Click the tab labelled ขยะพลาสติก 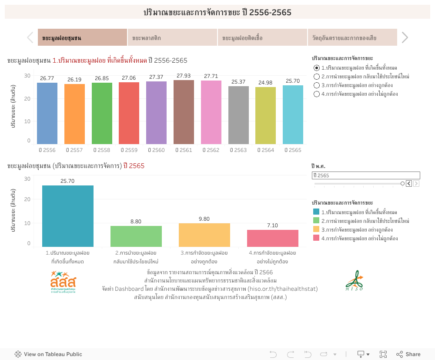pyautogui.click(x=172, y=38)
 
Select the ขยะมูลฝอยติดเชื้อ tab pyautogui.click(x=262, y=38)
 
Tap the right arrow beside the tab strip pyautogui.click(x=405, y=37)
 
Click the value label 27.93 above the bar pyautogui.click(x=184, y=76)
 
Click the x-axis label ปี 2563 pyautogui.click(x=238, y=150)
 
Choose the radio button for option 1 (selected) pyautogui.click(x=317, y=68)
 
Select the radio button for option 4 pyautogui.click(x=317, y=94)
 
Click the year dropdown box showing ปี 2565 pyautogui.click(x=366, y=175)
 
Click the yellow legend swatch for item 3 pyautogui.click(x=316, y=229)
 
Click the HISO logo pyautogui.click(x=354, y=281)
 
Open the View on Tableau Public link pyautogui.click(x=48, y=354)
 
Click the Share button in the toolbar pyautogui.click(x=408, y=354)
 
